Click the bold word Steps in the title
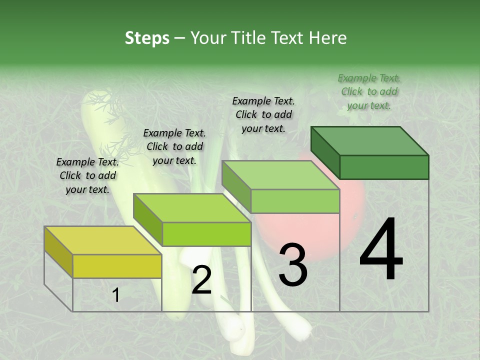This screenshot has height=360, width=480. (x=147, y=38)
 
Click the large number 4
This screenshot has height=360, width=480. (x=381, y=251)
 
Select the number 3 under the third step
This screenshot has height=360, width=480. (x=292, y=264)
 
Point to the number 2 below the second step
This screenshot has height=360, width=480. (x=201, y=280)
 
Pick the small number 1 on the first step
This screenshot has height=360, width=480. (x=115, y=295)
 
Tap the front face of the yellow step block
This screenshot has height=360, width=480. (x=117, y=266)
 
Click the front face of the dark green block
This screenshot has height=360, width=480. (x=384, y=167)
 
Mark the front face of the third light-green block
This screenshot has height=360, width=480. (x=295, y=201)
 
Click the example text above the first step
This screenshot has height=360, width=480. (x=87, y=175)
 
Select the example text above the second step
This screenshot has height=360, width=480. (x=174, y=146)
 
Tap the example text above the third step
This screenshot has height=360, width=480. (x=263, y=114)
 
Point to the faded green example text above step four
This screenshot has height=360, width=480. (x=369, y=91)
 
